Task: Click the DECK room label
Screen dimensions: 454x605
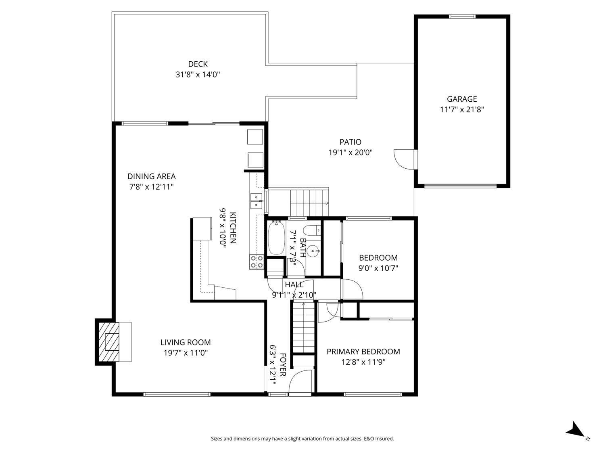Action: click(x=198, y=64)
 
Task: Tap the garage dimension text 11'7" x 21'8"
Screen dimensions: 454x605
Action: click(x=462, y=109)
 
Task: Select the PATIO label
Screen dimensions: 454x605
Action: click(x=350, y=142)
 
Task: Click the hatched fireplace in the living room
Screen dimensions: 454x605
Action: click(x=112, y=341)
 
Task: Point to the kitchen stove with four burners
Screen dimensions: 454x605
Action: click(x=257, y=262)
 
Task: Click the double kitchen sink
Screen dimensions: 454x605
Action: click(x=256, y=201)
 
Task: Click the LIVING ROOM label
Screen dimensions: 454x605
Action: click(x=186, y=342)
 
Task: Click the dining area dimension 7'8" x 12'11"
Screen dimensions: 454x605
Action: click(x=151, y=187)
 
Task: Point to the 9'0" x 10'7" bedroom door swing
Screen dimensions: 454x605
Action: click(x=351, y=289)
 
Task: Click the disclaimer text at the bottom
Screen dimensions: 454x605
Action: click(x=302, y=439)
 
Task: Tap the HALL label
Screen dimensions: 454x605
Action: click(x=294, y=285)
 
